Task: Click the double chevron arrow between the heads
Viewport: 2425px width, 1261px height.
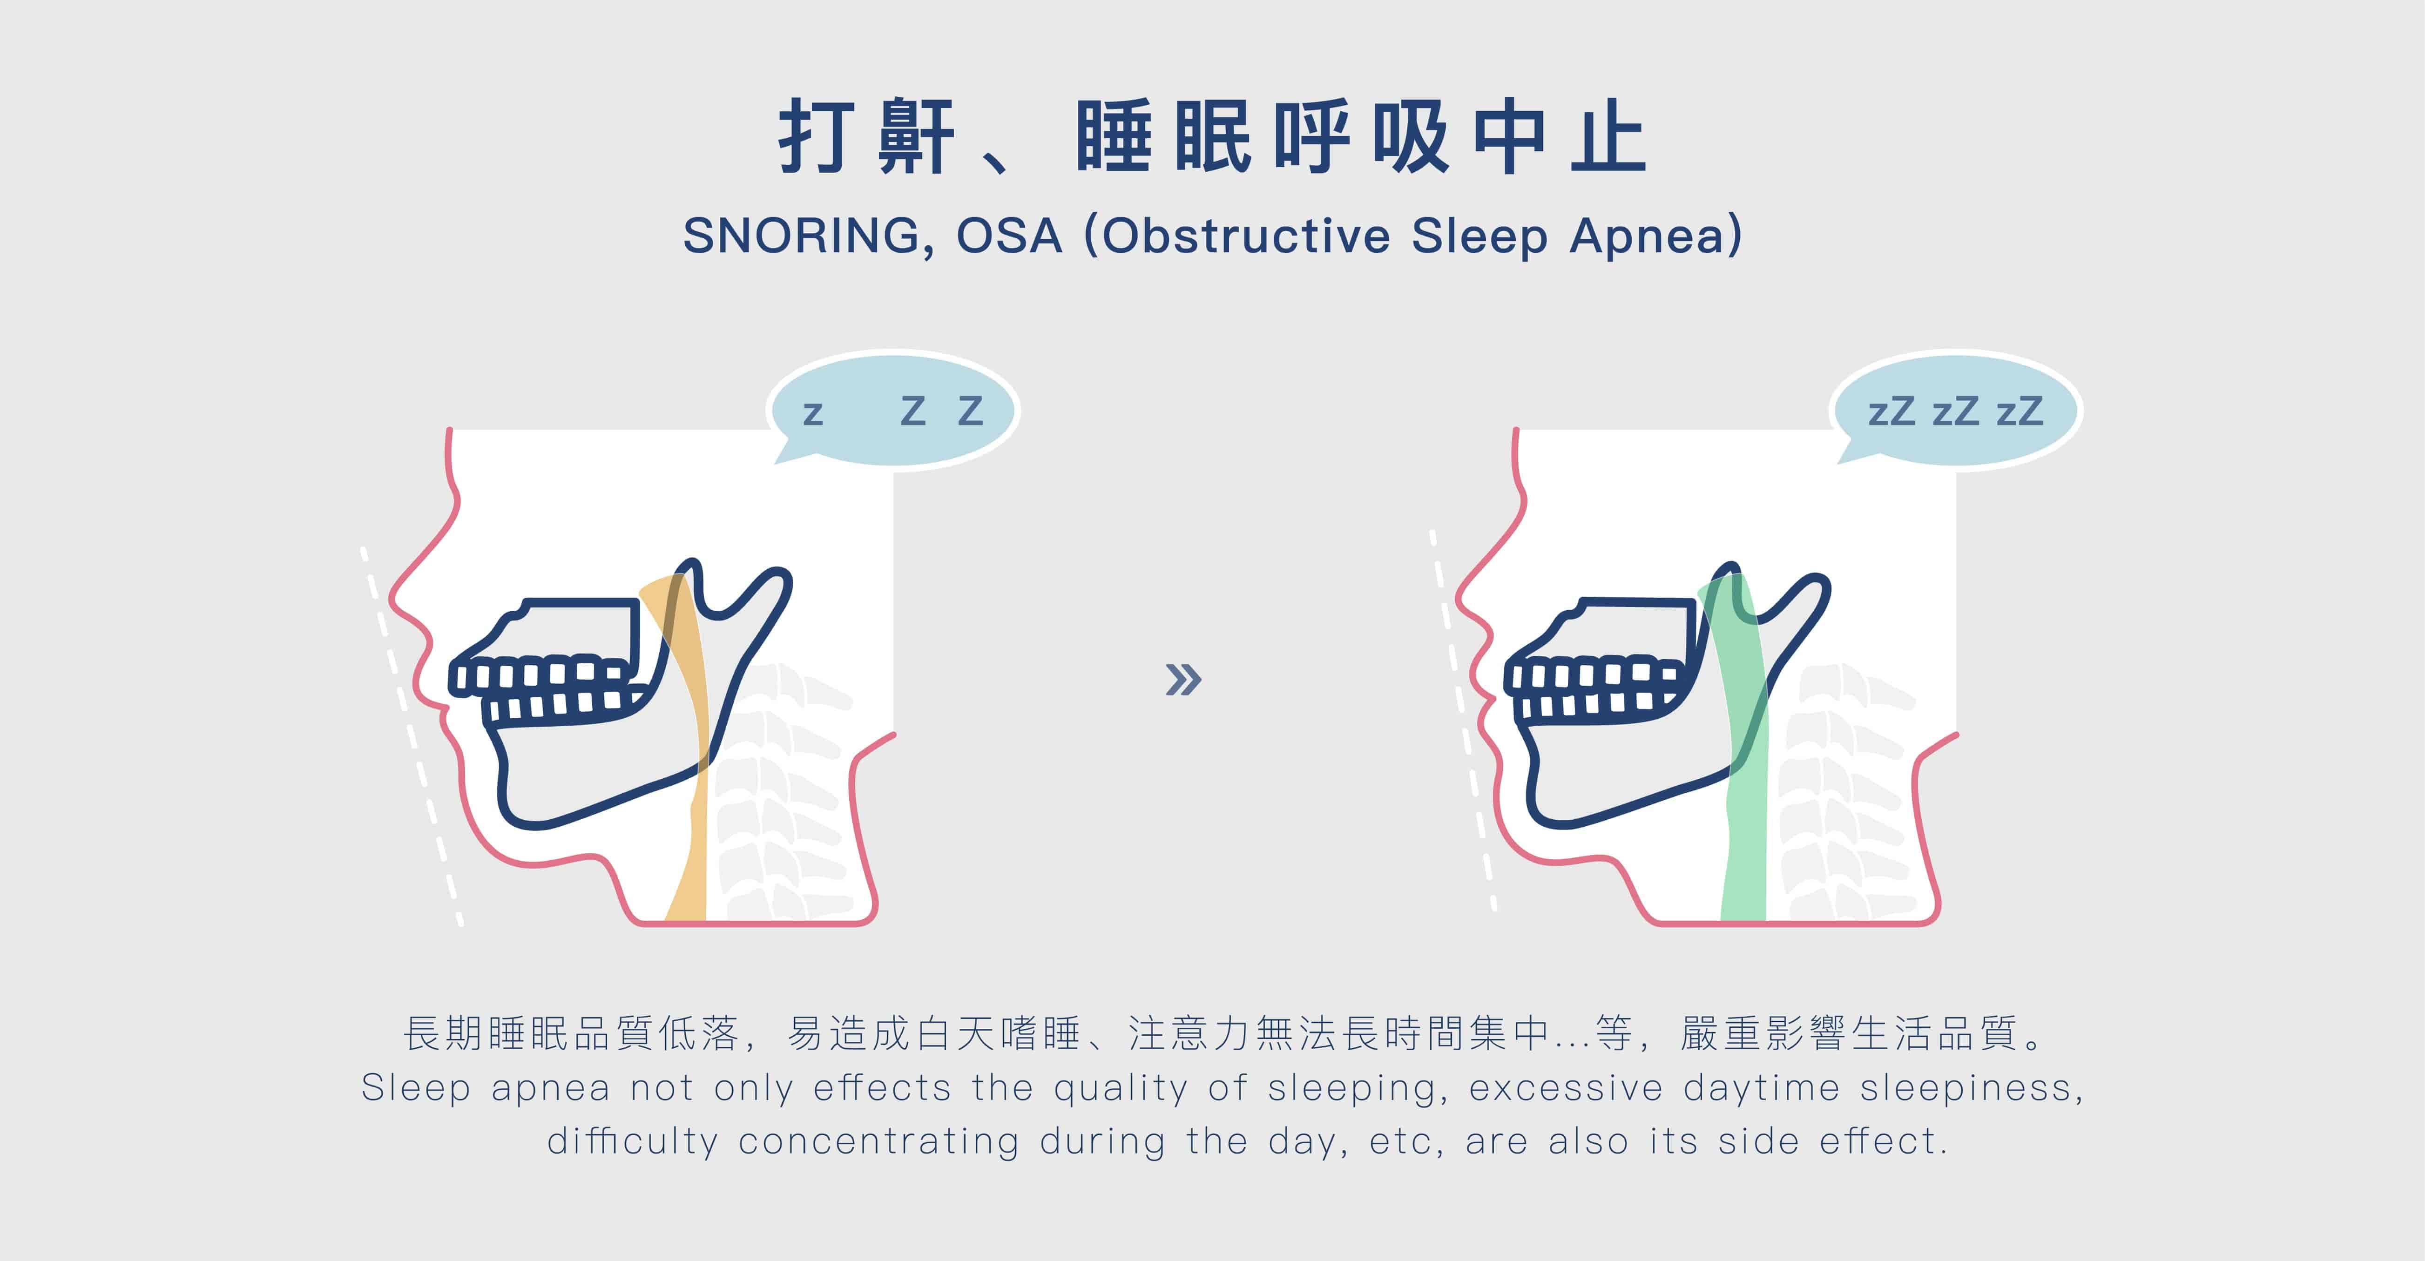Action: tap(1183, 680)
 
